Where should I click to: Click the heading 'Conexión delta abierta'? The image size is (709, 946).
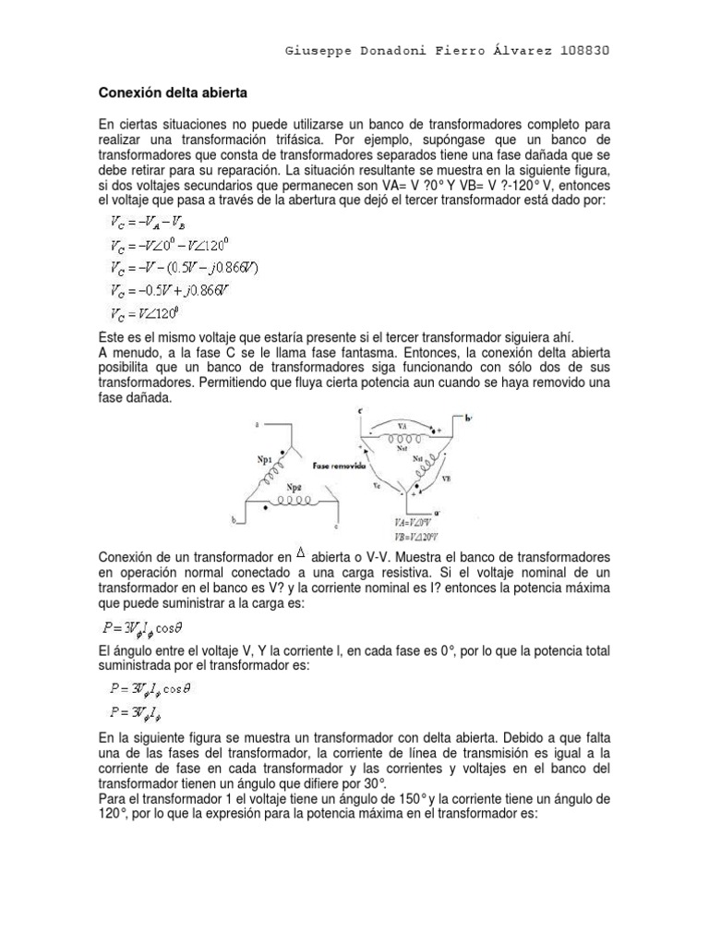click(173, 93)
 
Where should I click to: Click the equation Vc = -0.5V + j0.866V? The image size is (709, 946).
click(172, 290)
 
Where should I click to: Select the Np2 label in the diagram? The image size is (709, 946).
click(292, 486)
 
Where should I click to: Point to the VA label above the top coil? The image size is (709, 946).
click(405, 426)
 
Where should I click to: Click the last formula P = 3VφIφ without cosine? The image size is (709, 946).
click(138, 711)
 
